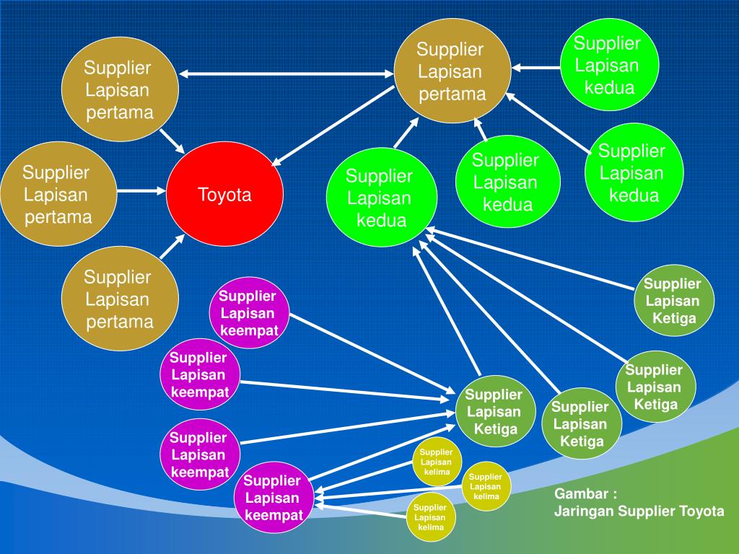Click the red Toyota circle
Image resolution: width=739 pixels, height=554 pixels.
[224, 195]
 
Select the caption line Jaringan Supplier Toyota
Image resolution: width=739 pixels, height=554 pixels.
[639, 511]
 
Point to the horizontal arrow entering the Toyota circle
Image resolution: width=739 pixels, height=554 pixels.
[141, 191]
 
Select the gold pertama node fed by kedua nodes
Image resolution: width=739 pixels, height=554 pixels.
[452, 71]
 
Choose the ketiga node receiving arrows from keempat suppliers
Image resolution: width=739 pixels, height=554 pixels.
[494, 412]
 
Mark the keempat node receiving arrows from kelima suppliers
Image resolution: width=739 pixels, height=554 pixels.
[273, 498]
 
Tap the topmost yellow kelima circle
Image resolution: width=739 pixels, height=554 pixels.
[436, 462]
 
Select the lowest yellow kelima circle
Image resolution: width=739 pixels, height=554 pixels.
[430, 517]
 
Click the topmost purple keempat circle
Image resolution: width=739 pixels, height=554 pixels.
[248, 313]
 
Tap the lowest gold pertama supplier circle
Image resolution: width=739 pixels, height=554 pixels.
[119, 299]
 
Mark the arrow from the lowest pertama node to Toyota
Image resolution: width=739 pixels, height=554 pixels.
[172, 247]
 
